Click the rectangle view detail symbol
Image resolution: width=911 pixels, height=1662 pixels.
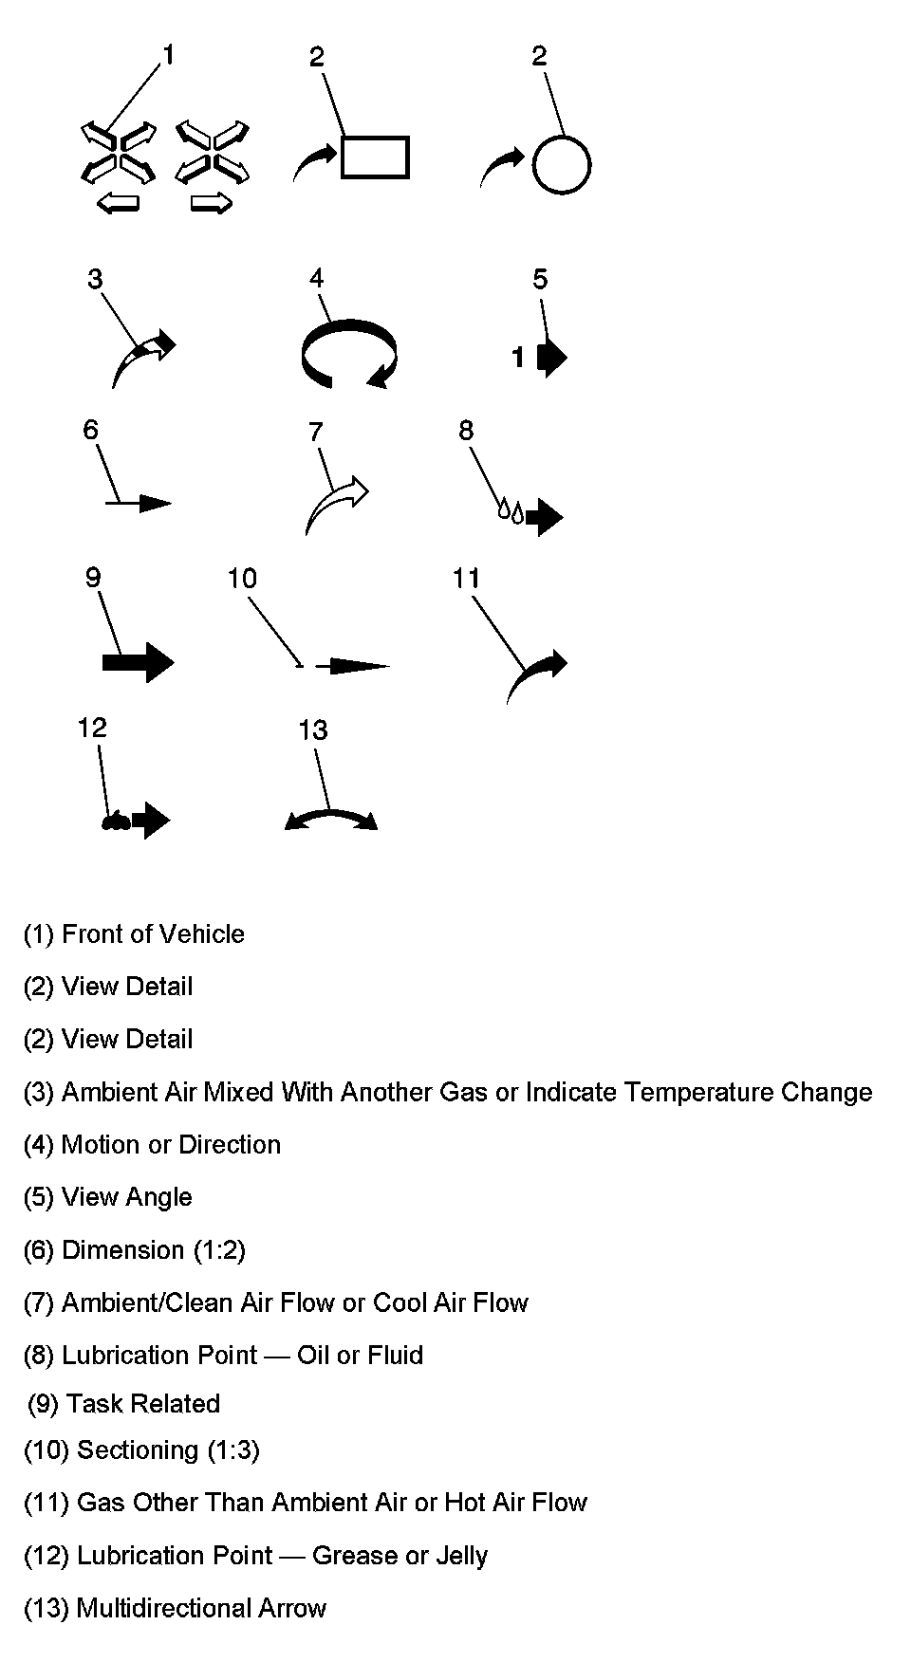[x=374, y=157]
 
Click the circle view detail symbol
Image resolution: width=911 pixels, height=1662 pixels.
[x=561, y=165]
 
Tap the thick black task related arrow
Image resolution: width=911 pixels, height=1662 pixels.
[x=139, y=661]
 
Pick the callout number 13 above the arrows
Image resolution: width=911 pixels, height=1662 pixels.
[x=312, y=729]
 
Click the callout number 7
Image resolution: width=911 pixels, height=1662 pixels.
[x=316, y=433]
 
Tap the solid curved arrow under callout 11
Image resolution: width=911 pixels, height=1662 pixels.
[x=537, y=674]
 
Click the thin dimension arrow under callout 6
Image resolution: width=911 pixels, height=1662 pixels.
[x=139, y=503]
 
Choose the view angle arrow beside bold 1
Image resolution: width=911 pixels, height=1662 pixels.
[x=551, y=358]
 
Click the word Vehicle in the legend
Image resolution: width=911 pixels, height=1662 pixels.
[x=202, y=934]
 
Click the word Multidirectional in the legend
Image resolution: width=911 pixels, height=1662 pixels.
[x=167, y=1608]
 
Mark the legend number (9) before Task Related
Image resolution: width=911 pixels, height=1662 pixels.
[x=44, y=1404]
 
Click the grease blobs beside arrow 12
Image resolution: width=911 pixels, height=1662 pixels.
[x=116, y=822]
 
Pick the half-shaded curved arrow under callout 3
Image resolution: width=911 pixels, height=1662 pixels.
[x=143, y=360]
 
